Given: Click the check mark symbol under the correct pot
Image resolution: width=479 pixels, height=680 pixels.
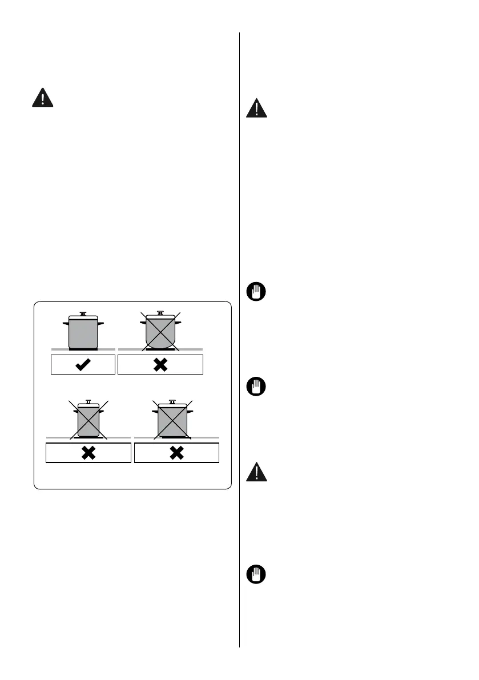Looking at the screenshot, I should click(x=83, y=364).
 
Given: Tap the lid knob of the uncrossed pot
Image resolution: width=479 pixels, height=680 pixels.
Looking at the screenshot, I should click(x=83, y=313).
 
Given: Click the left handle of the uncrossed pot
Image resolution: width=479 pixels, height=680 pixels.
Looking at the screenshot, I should click(x=65, y=323).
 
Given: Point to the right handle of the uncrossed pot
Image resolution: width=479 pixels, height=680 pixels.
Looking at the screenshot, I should click(x=101, y=323).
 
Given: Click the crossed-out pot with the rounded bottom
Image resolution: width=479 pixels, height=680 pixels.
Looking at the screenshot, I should click(x=160, y=332).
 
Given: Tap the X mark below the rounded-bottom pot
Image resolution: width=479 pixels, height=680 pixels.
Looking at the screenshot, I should click(x=160, y=364).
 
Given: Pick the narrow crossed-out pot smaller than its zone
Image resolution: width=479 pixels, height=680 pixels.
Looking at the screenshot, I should click(x=88, y=420).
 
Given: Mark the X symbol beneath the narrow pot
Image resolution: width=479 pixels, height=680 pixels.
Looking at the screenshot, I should click(x=88, y=453).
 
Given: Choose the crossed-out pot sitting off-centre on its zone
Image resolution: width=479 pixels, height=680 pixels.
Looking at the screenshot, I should click(x=172, y=420).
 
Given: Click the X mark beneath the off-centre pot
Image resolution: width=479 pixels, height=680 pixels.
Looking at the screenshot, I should click(x=176, y=453).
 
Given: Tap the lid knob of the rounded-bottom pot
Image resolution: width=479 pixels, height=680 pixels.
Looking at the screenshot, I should click(x=160, y=312).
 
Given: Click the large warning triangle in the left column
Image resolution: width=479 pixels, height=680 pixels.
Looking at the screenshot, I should click(x=42, y=98).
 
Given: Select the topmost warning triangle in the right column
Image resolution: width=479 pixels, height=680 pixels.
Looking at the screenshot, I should click(x=257, y=108).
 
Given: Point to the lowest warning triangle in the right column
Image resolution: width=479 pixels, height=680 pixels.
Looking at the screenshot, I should click(x=257, y=472).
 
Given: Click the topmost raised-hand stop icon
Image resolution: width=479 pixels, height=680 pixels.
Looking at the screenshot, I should click(x=257, y=293).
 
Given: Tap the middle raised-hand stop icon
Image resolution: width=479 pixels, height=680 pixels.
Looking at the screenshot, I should click(x=257, y=388).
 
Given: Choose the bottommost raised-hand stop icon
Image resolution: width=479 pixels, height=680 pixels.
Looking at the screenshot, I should click(x=257, y=574).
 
